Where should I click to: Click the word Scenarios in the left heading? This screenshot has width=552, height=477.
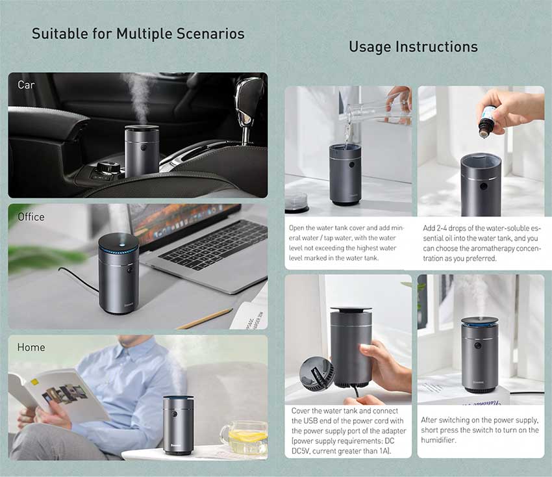point(210,34)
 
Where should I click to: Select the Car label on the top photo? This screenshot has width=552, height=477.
point(26,85)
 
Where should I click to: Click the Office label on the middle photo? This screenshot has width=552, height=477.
point(31,216)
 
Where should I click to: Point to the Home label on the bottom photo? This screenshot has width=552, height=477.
point(31,348)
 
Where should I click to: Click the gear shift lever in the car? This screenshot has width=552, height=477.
point(248,106)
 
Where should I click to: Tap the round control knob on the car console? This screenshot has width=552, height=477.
point(108,166)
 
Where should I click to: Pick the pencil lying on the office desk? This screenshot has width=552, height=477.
point(204,319)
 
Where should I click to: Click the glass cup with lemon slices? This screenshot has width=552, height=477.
point(244,437)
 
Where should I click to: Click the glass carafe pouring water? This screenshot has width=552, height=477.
point(377,109)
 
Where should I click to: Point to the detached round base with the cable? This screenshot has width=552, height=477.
point(317,374)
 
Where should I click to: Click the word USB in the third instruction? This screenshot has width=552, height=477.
point(310,420)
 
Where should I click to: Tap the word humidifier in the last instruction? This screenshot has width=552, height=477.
point(434,440)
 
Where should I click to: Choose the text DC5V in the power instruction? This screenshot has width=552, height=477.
point(300,451)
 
